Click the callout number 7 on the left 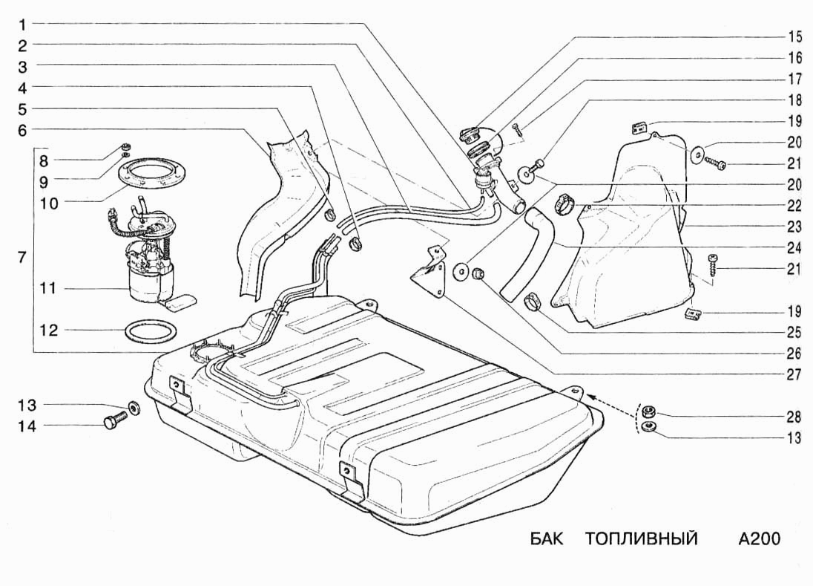click(x=22, y=257)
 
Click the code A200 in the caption click(x=759, y=538)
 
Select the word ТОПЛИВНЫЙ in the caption click(x=642, y=539)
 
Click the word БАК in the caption click(x=546, y=538)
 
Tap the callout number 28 click(x=794, y=416)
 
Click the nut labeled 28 click(x=648, y=413)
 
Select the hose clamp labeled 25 click(x=532, y=302)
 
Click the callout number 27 click(x=794, y=375)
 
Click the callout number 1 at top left click(x=23, y=25)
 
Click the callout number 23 click(x=794, y=227)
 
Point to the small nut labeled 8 click(x=125, y=146)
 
